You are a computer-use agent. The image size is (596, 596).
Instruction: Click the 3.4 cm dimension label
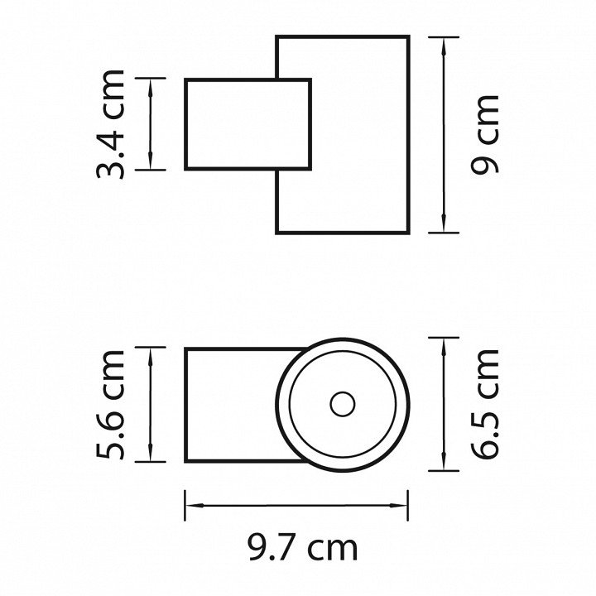coord(110,124)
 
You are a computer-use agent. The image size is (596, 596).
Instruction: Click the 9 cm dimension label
coord(484,135)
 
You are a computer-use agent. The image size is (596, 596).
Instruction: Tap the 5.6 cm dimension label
coord(110,405)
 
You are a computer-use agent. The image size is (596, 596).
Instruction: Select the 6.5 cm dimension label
coord(484,404)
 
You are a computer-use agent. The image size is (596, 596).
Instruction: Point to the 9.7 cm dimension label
coord(303,548)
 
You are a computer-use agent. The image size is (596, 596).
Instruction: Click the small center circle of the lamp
coord(343,404)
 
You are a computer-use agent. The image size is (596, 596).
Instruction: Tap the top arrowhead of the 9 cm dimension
coord(444,46)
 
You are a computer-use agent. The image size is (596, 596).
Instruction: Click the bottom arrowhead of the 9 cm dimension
coord(444,223)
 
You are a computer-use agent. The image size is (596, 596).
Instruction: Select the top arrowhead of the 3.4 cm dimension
coord(151,88)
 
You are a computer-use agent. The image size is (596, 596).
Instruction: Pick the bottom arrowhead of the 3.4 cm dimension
coord(151,161)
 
